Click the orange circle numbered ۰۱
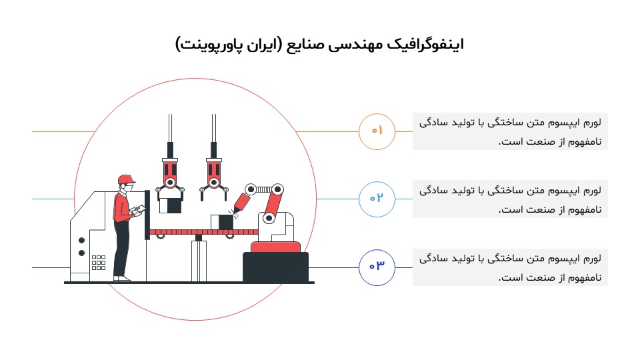pyautogui.click(x=377, y=131)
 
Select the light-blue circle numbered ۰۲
pyautogui.click(x=377, y=199)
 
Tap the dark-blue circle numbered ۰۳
pyautogui.click(x=377, y=267)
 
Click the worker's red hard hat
pyautogui.click(x=125, y=179)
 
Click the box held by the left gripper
pyautogui.click(x=171, y=205)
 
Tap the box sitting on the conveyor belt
pyautogui.click(x=219, y=222)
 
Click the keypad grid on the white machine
pyautogui.click(x=99, y=262)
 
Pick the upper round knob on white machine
pyautogui.click(x=81, y=240)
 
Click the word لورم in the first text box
pyautogui.click(x=591, y=123)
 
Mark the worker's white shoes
pyautogui.click(x=121, y=279)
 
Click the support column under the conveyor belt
pyautogui.click(x=199, y=260)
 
